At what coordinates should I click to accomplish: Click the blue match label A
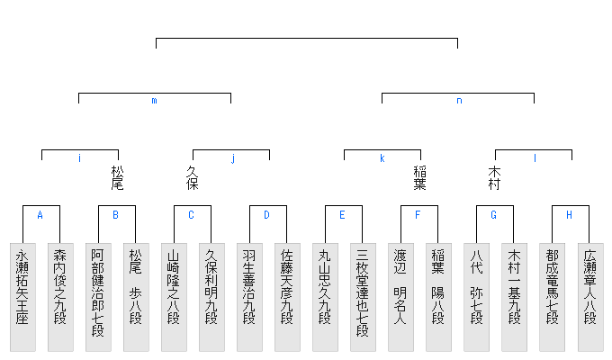point(40,215)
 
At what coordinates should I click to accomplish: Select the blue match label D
point(266,215)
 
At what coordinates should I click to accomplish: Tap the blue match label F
point(418,215)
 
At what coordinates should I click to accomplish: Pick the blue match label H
point(569,215)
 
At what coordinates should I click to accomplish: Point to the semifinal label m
point(154,101)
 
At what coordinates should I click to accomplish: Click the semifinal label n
point(458,101)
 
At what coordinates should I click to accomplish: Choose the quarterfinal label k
point(382,158)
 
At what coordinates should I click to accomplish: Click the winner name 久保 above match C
point(192,177)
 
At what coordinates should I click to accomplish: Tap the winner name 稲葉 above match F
point(418,177)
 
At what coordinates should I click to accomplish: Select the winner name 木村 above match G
point(494,177)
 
